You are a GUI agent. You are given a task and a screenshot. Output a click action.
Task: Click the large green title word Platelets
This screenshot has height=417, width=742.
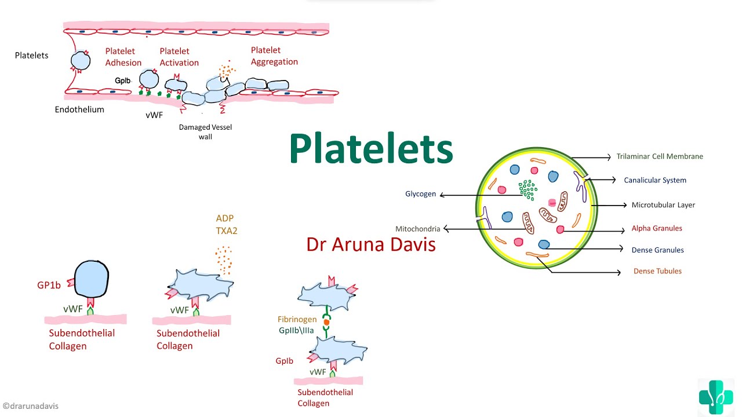coord(371,149)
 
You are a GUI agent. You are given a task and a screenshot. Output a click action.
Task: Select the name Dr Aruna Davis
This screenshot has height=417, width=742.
coord(371,244)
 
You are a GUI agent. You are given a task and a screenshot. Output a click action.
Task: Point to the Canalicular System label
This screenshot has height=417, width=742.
coord(655,180)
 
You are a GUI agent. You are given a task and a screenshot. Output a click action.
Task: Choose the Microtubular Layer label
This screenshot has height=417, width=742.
coord(663,205)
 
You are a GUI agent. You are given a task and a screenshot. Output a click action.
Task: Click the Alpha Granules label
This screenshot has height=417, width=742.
coord(657,228)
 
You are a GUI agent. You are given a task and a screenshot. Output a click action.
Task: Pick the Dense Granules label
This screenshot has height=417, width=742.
coord(657,250)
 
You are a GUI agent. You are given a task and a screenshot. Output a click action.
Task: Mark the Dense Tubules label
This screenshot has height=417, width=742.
coord(657,271)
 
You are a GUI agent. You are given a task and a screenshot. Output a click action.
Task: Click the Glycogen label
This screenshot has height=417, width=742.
coord(421,194)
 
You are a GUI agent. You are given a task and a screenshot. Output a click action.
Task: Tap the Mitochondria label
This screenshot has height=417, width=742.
coord(417,229)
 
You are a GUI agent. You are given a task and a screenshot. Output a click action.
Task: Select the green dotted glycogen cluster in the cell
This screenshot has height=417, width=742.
coord(528,189)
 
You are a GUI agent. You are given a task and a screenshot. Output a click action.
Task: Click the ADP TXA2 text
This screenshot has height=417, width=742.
coord(227,225)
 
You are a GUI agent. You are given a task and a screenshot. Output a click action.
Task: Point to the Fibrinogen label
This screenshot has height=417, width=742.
coord(297,319)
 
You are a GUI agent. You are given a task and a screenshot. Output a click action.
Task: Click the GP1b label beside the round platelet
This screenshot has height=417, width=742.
coord(49,286)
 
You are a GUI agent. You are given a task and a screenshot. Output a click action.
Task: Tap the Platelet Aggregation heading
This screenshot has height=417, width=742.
coord(274,56)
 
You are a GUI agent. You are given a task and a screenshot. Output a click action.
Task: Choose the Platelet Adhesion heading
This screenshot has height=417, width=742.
coord(123,57)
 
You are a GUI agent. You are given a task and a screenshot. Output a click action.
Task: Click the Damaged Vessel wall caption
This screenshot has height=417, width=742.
coord(205,131)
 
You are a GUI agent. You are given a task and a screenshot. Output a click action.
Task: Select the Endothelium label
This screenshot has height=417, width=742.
coord(79,109)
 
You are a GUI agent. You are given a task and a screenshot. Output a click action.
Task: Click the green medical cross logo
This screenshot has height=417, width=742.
coord(715,397)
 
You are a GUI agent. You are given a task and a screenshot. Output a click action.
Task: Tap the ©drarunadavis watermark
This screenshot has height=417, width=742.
coord(30,406)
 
